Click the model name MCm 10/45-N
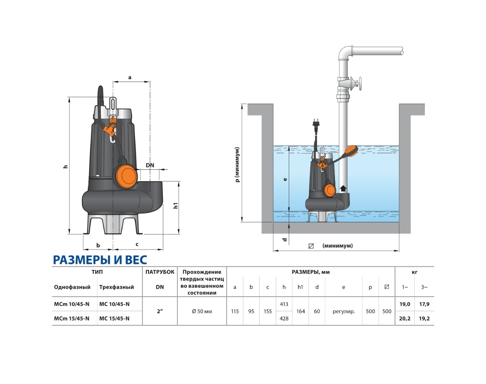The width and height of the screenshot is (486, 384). tap(72, 304)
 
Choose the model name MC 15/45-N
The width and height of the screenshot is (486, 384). tap(114, 319)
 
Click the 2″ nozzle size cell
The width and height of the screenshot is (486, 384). tap(160, 312)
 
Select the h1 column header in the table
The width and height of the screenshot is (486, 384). tap(300, 287)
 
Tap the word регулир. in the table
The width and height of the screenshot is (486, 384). tap(343, 312)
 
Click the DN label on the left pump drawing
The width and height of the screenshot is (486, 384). tap(150, 165)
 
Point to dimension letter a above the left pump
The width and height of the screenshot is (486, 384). tap(130, 76)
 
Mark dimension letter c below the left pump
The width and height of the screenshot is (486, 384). tap(137, 244)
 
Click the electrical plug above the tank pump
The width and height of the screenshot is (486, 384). tap(316, 124)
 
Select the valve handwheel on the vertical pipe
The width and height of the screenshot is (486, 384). tap(360, 85)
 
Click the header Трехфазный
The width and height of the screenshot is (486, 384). tap(116, 287)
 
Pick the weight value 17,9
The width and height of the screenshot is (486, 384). tap(424, 304)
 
